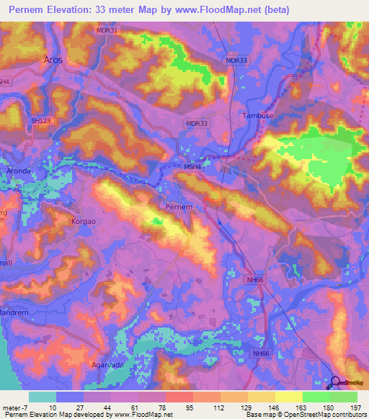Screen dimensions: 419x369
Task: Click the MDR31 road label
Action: coord(106,30)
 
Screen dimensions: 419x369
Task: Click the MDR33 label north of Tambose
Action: coord(236,60)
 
